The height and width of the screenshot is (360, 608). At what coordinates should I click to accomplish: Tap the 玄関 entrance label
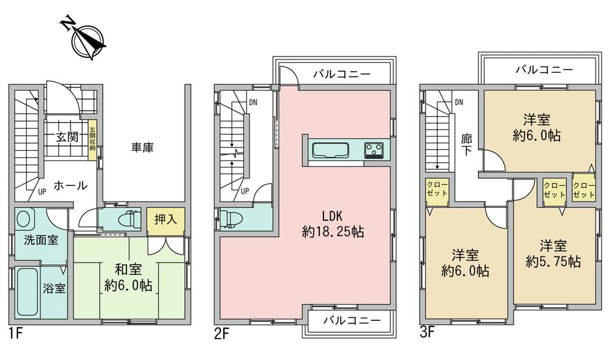pyautogui.click(x=67, y=137)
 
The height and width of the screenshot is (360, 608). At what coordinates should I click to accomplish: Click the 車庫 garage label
pyautogui.click(x=142, y=147)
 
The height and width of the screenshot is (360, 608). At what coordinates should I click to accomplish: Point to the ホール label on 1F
pyautogui.click(x=70, y=185)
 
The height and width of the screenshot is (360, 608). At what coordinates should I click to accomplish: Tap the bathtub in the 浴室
pyautogui.click(x=28, y=291)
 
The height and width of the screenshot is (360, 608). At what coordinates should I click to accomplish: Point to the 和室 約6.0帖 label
pyautogui.click(x=128, y=277)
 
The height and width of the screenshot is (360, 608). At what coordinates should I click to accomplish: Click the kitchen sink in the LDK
pyautogui.click(x=331, y=150)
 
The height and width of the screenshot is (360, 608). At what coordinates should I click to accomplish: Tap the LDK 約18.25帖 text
pyautogui.click(x=333, y=224)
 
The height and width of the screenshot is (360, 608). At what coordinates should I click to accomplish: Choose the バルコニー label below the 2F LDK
pyautogui.click(x=352, y=320)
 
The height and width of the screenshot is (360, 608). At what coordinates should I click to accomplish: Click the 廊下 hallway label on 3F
pyautogui.click(x=466, y=145)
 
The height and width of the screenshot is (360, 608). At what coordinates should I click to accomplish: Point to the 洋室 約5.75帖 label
pyautogui.click(x=553, y=254)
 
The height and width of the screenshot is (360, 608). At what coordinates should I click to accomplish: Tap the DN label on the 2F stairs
pyautogui.click(x=253, y=102)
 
